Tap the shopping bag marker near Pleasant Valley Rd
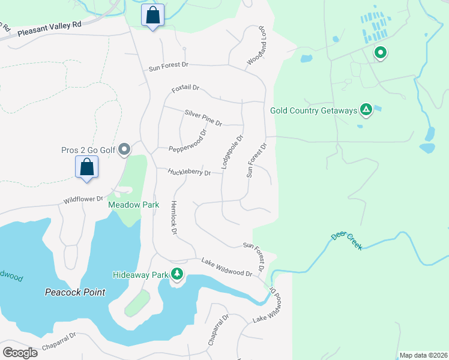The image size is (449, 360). pos(153,16)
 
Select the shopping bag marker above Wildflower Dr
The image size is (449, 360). pos(87,167)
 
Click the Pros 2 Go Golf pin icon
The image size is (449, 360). pos(124,149)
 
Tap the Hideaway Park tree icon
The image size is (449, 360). pos(177,274)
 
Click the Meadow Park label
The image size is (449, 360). pos(133,205)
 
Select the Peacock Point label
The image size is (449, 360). pos(75,292)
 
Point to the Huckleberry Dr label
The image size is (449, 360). pos(190,172)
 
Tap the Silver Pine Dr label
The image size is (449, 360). pos(203,117)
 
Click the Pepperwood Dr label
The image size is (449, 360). pos(187,140)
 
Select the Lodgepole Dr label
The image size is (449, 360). pos(232,151)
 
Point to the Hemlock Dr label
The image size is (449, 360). pos(174,217)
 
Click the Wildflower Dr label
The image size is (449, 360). pos(83,199)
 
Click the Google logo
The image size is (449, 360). pos(20,353)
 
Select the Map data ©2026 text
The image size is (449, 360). pos(423,355)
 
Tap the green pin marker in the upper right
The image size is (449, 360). pos(380,53)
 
